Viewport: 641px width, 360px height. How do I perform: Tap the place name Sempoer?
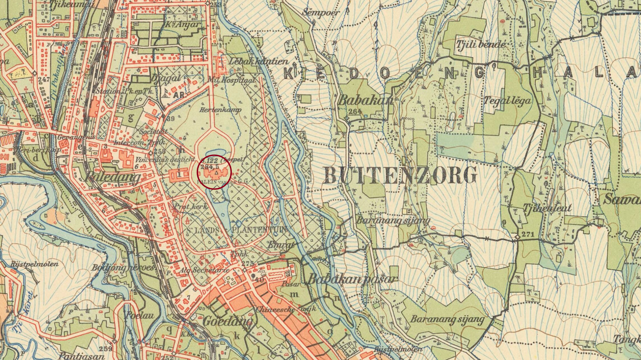321,13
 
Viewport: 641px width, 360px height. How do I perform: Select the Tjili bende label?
481,44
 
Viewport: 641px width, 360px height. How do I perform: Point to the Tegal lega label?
507,100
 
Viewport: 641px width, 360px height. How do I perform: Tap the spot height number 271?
528,234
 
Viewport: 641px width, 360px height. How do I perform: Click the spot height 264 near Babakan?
354,111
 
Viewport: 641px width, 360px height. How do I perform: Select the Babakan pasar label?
352,279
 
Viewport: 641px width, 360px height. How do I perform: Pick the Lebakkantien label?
259,62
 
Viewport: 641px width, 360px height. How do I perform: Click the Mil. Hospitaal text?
236,80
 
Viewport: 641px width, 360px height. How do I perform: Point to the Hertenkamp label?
220,110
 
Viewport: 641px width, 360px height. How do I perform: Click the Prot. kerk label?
191,207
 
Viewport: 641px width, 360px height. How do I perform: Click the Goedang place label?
227,321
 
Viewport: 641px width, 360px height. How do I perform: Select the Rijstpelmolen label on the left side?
34,264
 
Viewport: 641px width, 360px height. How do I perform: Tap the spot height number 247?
44,79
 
